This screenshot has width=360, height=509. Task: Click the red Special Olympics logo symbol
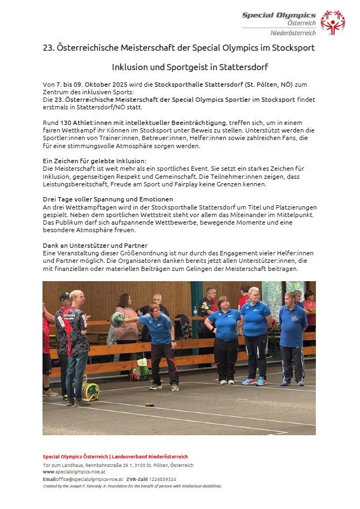(332, 23)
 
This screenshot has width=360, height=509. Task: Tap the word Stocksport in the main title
(293, 48)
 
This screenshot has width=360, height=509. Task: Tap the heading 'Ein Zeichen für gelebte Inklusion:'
(95, 161)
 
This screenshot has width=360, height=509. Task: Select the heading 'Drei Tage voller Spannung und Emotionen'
(108, 199)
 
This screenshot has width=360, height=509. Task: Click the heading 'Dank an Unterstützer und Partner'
(95, 246)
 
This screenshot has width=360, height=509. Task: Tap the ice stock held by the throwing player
(117, 319)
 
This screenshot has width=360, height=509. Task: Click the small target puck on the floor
(150, 404)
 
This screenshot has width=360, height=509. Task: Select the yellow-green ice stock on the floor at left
(90, 391)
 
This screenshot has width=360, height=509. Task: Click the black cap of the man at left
(65, 296)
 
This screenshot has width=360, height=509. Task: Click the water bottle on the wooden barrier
(195, 311)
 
